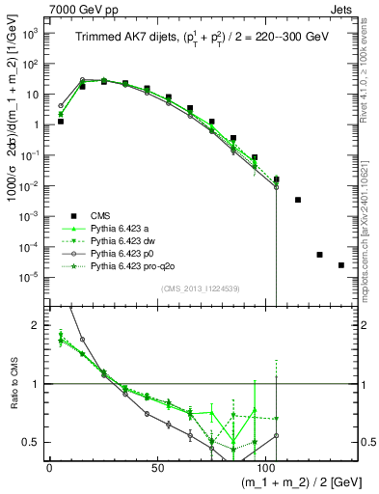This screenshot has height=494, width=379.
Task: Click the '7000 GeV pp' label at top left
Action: pos(41,8)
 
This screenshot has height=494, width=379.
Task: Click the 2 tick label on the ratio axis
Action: pos(36,325)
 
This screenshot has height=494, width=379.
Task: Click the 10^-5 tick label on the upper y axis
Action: pos(29,276)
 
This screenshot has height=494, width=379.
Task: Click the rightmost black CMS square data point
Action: pos(340,265)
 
